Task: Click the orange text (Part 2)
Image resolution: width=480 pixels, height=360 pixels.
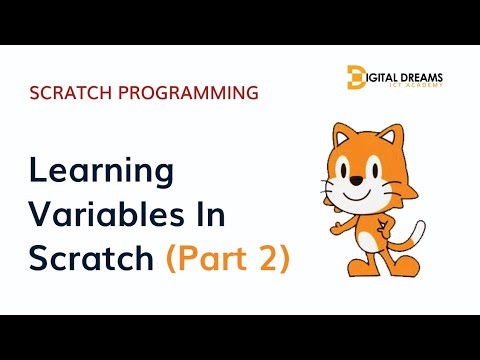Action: tap(228, 258)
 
